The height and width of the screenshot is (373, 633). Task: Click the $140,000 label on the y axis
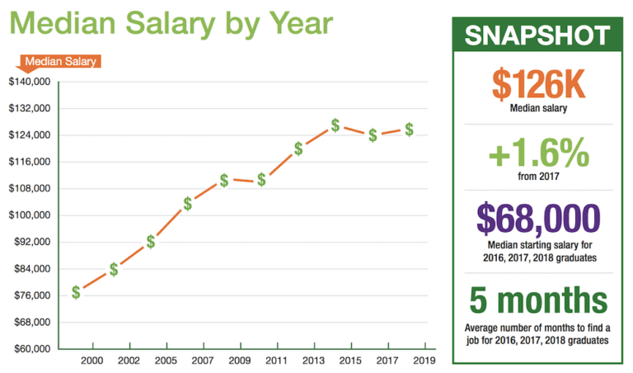[x=30, y=82]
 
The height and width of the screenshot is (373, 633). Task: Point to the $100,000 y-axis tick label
[x=30, y=215]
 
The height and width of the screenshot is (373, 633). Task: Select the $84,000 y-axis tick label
[x=30, y=269]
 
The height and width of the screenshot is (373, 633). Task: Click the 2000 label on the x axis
[x=93, y=361]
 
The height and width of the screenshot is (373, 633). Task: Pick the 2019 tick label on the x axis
[x=424, y=361]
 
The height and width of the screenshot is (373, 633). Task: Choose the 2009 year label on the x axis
[x=240, y=361]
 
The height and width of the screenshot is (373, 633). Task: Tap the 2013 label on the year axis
[x=313, y=361]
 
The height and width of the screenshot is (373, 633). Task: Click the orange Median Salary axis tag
[x=60, y=61]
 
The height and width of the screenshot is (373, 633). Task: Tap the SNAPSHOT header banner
[x=537, y=35]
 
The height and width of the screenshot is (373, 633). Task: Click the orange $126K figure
[x=537, y=83]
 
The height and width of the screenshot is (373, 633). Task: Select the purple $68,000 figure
[x=537, y=217]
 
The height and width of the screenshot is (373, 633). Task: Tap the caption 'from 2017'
[x=537, y=175]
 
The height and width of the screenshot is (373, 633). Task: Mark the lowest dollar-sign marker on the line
[x=76, y=292]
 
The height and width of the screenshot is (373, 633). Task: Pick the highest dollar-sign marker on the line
[x=335, y=125]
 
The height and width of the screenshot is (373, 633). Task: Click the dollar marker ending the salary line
[x=409, y=130]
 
